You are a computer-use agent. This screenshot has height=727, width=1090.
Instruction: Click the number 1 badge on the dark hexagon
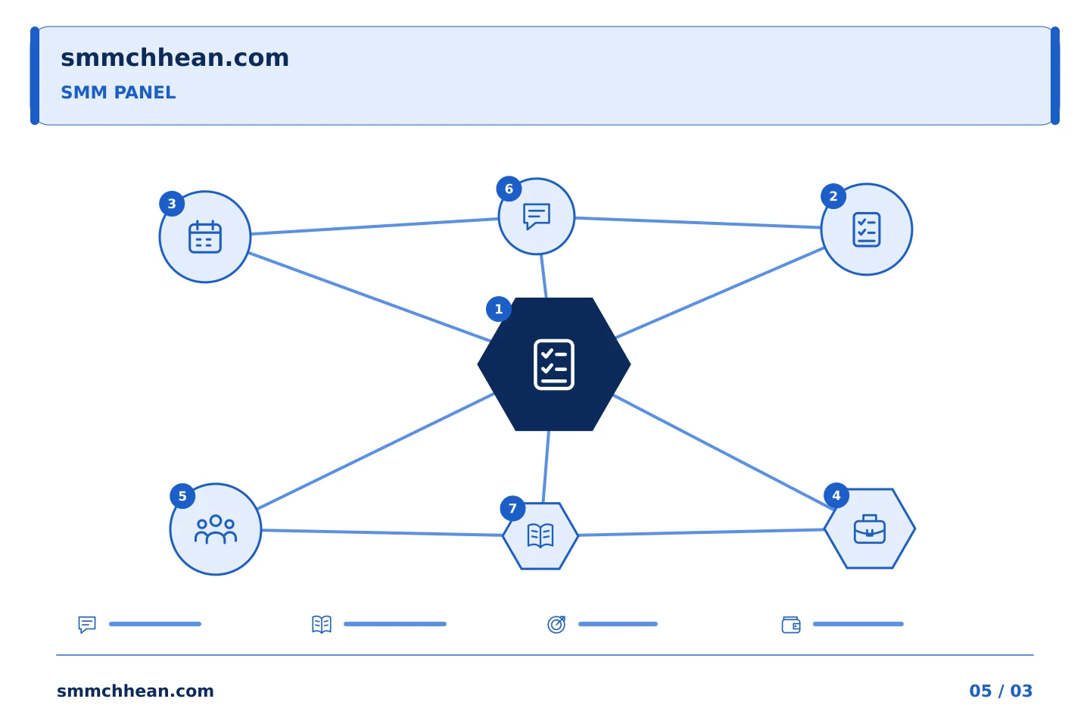coord(498,309)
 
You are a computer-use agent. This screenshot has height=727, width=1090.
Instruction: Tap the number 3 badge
coord(172,204)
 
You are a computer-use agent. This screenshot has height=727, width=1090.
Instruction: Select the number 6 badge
coord(509,189)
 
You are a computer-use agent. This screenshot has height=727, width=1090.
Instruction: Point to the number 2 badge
coord(833,196)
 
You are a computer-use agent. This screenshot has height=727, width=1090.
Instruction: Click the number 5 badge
coord(182,496)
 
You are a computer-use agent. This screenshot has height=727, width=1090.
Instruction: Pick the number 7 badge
coord(512,508)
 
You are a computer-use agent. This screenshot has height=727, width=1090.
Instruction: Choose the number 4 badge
coord(836,496)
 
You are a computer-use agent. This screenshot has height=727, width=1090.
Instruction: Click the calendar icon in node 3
coord(205,236)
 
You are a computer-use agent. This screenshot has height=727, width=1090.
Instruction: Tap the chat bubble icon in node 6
coord(537,216)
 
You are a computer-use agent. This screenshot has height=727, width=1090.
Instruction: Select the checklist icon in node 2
coord(867,229)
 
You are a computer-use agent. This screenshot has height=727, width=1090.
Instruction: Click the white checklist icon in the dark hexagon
coord(554,365)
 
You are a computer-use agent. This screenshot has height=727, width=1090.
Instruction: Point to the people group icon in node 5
coord(216,529)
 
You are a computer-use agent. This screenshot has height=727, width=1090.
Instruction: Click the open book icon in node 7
coord(540,535)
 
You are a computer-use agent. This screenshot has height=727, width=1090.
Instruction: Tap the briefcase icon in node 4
coord(870,529)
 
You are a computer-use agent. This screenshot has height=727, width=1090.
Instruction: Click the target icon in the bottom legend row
coord(556,624)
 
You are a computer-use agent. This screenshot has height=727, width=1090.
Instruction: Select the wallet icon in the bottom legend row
coord(791,625)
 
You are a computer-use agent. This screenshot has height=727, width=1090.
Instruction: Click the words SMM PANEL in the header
coord(118,92)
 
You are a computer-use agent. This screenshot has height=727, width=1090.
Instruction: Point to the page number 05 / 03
coord(1001,691)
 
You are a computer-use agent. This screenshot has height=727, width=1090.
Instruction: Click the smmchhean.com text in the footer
coord(135,691)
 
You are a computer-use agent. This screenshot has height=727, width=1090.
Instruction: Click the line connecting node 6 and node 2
coord(698,223)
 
